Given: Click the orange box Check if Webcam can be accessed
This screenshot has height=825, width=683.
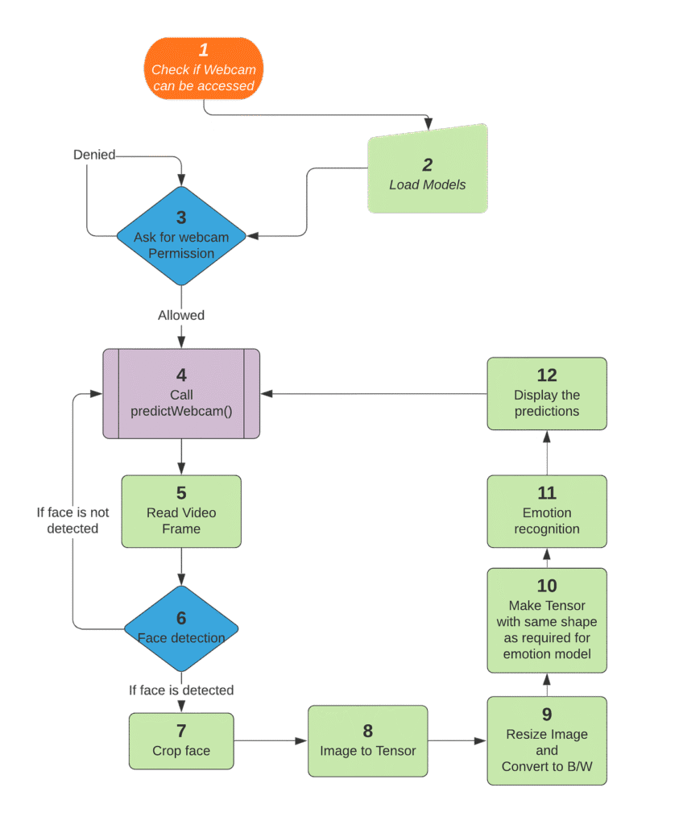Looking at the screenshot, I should [x=204, y=69].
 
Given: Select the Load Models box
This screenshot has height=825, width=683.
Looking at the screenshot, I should [x=428, y=172].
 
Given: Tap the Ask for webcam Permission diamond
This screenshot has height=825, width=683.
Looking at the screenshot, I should [x=181, y=237].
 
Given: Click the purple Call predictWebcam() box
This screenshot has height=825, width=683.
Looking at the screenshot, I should [x=181, y=394].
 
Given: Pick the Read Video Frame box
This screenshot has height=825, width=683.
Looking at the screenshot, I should [x=181, y=512].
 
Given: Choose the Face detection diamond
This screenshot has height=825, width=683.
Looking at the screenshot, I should [x=181, y=628].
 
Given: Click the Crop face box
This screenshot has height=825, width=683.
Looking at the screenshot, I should [x=181, y=740].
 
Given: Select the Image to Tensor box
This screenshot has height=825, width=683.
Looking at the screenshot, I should [x=368, y=741].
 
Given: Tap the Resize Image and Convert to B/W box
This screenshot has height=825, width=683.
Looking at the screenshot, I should [x=547, y=741].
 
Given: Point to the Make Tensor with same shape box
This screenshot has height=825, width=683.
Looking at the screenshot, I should [x=547, y=620].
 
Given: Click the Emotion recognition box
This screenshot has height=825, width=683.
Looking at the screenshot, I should [x=547, y=512].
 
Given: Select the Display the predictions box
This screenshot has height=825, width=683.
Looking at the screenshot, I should [x=547, y=394].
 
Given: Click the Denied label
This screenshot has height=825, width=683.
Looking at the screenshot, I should [x=94, y=154].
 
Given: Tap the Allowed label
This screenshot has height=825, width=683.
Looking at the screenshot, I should [x=181, y=315].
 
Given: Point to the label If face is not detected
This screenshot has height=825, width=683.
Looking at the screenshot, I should [x=72, y=520].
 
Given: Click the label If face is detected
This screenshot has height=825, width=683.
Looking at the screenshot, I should [x=181, y=690].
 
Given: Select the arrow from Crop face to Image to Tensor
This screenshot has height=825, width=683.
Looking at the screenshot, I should [x=271, y=740].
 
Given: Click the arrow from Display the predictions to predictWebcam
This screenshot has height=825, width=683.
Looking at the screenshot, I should [x=374, y=394].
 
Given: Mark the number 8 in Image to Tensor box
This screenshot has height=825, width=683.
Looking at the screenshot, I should [x=368, y=731].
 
